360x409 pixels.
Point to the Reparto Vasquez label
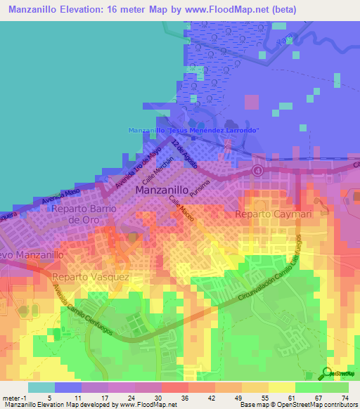pos(90,278)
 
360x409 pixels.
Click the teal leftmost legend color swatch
pos(41,387)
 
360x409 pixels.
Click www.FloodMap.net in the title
pos(219,9)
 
